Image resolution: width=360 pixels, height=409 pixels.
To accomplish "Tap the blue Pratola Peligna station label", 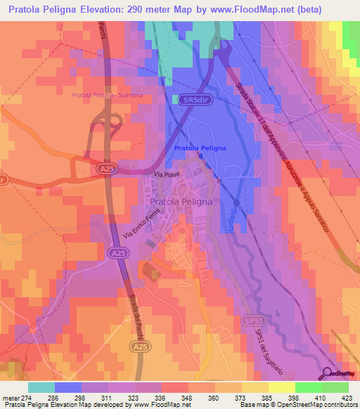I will point(200,148).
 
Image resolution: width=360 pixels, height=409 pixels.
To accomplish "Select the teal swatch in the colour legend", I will point(41,387).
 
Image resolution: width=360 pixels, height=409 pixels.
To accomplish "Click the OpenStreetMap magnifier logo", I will point(328,373).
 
